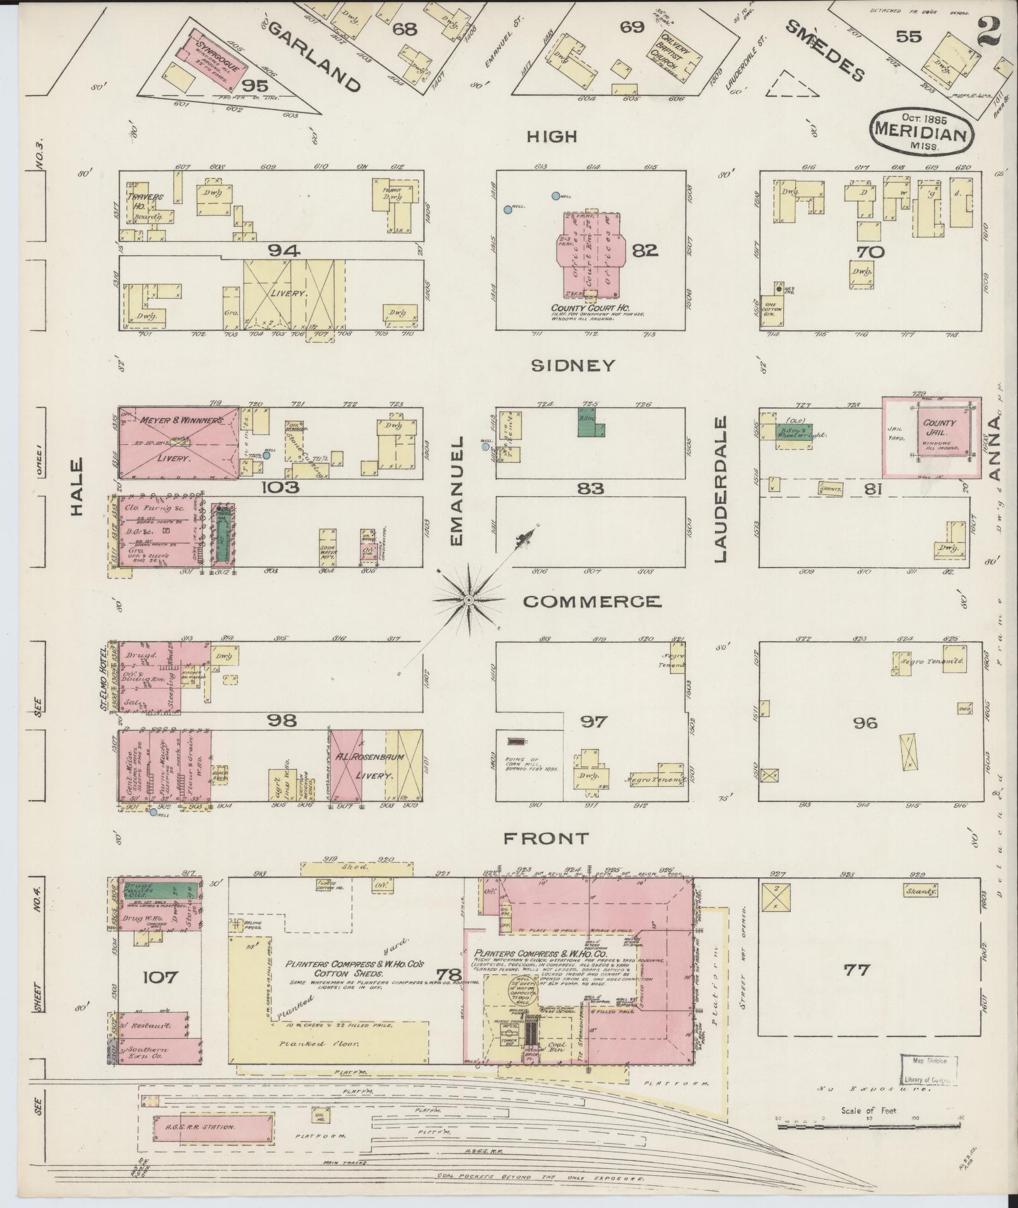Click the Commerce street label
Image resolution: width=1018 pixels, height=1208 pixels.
tap(593, 601)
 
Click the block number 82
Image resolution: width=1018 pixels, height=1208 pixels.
tap(644, 251)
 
